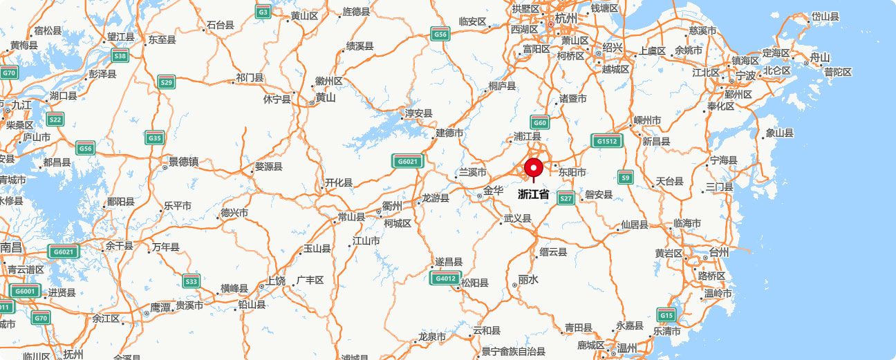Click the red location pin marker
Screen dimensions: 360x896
click(533, 169)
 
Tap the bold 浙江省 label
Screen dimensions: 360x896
click(534, 195)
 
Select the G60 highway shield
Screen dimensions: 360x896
click(540, 123)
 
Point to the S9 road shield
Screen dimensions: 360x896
click(626, 177)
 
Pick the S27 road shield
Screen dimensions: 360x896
click(566, 198)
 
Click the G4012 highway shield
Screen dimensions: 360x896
click(444, 278)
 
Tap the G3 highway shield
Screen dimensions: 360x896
click(263, 12)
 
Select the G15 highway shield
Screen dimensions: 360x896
click(666, 315)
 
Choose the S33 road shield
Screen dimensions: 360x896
click(192, 281)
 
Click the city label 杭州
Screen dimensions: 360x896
click(566, 18)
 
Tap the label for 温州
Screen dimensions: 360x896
click(626, 347)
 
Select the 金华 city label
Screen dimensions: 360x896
click(493, 191)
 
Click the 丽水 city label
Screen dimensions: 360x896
click(528, 279)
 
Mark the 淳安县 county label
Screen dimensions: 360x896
click(418, 113)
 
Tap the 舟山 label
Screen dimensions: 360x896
click(820, 57)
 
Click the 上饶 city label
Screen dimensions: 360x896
click(276, 281)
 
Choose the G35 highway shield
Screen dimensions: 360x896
click(155, 138)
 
